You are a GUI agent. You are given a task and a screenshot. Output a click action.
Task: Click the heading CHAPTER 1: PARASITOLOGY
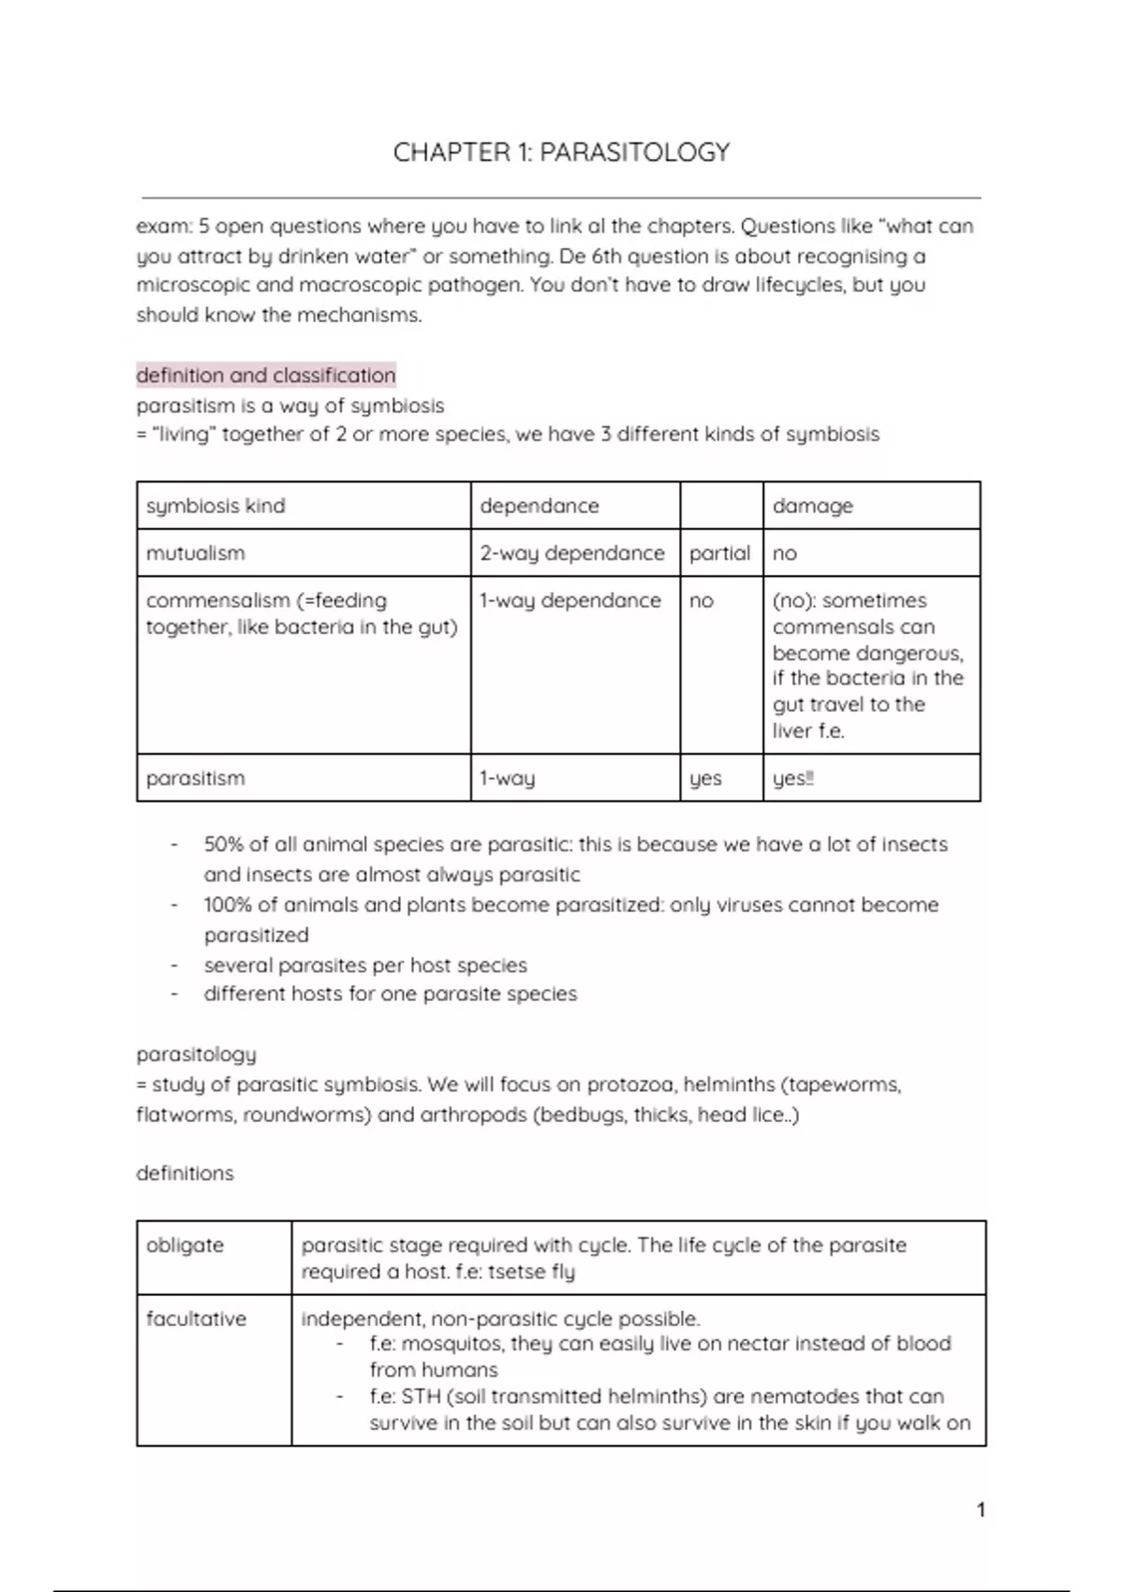(x=561, y=153)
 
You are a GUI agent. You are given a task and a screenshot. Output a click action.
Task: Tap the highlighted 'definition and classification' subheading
(x=266, y=376)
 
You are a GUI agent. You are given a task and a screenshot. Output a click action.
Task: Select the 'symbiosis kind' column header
(x=215, y=506)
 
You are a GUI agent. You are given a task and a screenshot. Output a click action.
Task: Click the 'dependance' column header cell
(x=540, y=506)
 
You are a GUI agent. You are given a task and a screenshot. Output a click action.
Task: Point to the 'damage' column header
(x=812, y=506)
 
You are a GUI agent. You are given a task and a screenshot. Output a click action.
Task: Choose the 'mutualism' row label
(x=196, y=553)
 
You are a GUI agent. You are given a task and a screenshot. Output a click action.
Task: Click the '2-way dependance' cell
(x=572, y=553)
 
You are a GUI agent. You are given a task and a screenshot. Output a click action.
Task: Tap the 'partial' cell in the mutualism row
(x=719, y=553)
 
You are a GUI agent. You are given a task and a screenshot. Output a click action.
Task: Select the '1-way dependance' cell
(x=570, y=600)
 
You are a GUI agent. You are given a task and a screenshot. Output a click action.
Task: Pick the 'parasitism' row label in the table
(x=196, y=778)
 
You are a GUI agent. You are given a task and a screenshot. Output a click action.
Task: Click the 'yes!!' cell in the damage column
(x=792, y=778)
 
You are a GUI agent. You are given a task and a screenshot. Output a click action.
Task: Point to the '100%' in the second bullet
(x=228, y=905)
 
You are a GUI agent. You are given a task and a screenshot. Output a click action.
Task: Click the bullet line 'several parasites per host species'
(x=365, y=965)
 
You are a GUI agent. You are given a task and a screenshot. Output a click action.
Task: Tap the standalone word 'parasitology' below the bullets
(x=197, y=1054)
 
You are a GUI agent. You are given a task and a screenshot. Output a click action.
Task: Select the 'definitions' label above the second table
(x=185, y=1173)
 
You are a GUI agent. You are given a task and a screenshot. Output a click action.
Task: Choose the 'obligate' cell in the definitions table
(x=185, y=1246)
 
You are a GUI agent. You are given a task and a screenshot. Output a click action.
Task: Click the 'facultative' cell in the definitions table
(x=196, y=1319)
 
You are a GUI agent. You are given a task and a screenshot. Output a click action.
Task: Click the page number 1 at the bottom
(x=981, y=1510)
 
